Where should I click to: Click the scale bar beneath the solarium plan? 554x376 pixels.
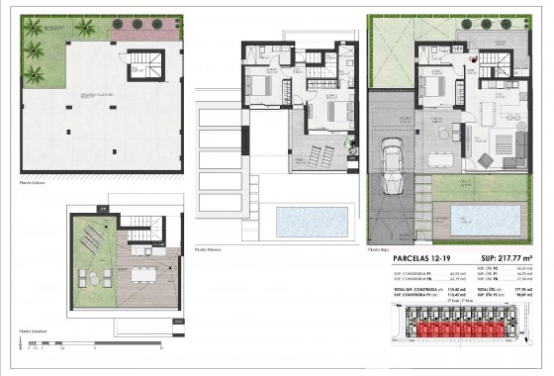tap(59, 346)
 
